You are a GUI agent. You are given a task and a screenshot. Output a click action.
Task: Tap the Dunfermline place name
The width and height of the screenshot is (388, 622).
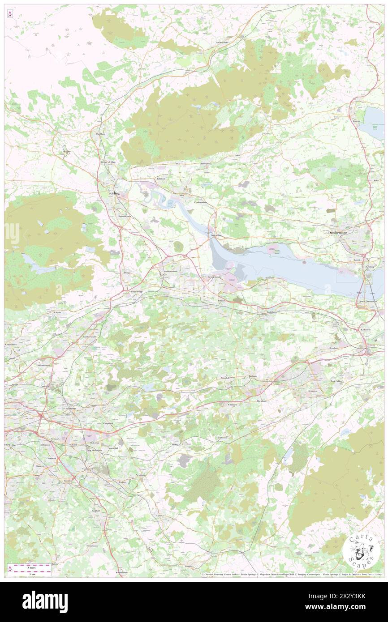[x=344, y=233]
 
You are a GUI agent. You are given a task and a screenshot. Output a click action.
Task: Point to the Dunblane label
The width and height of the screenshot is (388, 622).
[x=100, y=134]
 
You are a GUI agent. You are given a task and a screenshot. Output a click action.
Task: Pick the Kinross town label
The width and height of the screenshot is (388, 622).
[x=357, y=121]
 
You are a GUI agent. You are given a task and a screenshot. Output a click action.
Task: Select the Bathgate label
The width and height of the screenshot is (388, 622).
[x=253, y=376]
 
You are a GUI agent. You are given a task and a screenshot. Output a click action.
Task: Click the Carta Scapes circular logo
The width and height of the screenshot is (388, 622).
[x=362, y=550]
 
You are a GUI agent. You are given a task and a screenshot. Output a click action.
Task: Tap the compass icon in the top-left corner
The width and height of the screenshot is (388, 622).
[x=10, y=14]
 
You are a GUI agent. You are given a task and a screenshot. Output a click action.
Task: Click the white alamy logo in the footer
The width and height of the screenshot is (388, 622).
[x=45, y=602]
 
